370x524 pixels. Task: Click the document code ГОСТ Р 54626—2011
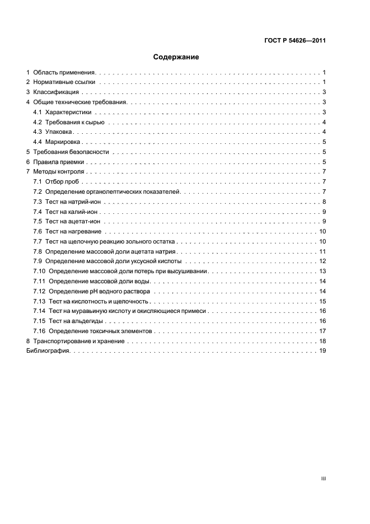coord(295,40)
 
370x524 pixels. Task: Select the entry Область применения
coord(65,73)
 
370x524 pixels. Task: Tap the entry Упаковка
coord(59,132)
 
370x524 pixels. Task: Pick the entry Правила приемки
coord(58,162)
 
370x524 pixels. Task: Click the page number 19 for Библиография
coord(322,351)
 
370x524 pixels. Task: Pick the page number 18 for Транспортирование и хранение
coord(322,341)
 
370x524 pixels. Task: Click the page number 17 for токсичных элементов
coord(322,331)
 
